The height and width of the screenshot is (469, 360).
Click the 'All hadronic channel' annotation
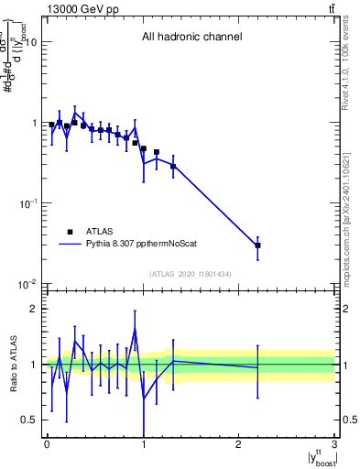coord(191,38)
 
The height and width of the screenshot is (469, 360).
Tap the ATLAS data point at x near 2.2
coord(258,245)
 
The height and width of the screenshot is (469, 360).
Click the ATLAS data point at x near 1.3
coord(172,166)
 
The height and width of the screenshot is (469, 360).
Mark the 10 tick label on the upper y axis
coord(31,42)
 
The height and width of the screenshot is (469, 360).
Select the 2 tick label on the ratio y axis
coord(35,309)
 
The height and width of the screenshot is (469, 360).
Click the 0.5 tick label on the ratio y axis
coord(30,420)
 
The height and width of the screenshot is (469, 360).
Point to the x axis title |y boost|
coord(317,457)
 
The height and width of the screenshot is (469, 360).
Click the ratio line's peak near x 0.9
coord(135,329)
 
